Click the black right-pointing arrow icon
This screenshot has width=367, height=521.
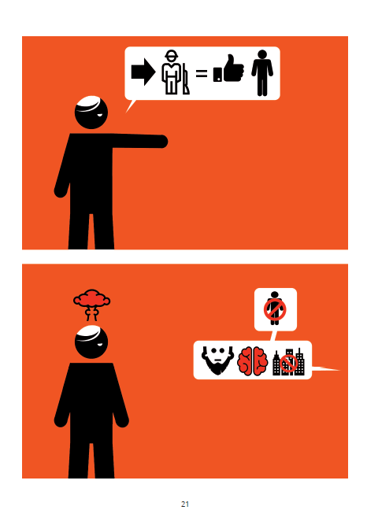tap(143, 72)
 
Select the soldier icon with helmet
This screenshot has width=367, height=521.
tap(172, 72)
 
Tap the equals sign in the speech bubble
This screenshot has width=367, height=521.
tap(201, 73)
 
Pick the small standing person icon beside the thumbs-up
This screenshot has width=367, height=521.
tap(262, 72)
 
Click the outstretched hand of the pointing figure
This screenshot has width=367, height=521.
tap(162, 141)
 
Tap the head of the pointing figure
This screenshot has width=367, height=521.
tap(91, 113)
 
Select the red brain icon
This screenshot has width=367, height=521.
tap(252, 361)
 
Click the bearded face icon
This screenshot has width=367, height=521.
tap(217, 360)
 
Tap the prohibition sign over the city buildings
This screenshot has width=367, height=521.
tap(288, 363)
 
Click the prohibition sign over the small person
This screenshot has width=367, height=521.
tap(275, 309)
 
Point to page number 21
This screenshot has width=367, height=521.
tap(185, 504)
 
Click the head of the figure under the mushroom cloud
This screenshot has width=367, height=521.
tap(91, 342)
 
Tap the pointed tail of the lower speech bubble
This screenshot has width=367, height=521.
tap(339, 370)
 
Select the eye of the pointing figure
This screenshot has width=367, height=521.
tap(100, 115)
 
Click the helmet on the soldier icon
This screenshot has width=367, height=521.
tap(172, 54)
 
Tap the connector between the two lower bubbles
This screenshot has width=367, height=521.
tap(273, 336)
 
